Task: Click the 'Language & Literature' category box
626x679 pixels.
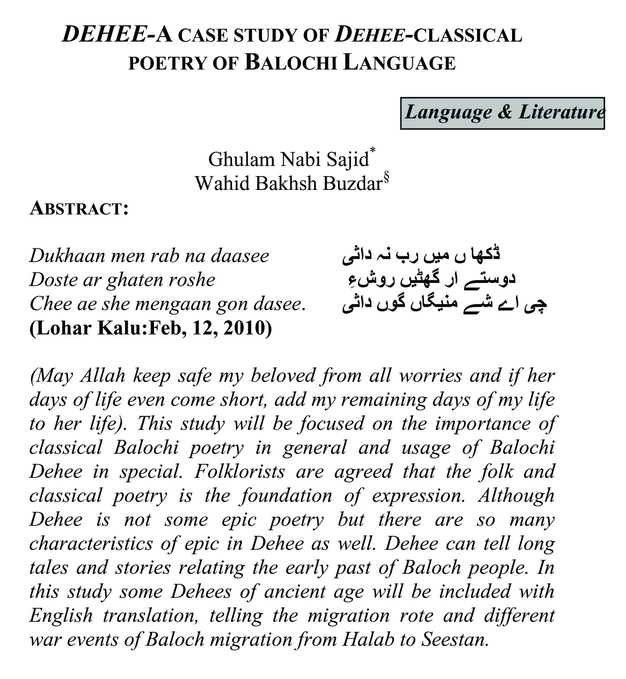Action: (502, 113)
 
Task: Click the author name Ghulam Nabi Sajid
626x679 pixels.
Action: (288, 160)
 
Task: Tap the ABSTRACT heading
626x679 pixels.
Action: (78, 209)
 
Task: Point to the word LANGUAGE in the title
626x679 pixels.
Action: (399, 63)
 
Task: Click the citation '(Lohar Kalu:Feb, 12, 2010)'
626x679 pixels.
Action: (151, 328)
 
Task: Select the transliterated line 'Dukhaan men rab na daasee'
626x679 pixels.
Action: (149, 256)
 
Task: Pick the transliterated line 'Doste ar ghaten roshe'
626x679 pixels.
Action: (122, 280)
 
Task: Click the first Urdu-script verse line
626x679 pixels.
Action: (422, 256)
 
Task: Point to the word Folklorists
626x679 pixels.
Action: (240, 472)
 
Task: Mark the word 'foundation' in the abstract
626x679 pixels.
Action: (286, 496)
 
